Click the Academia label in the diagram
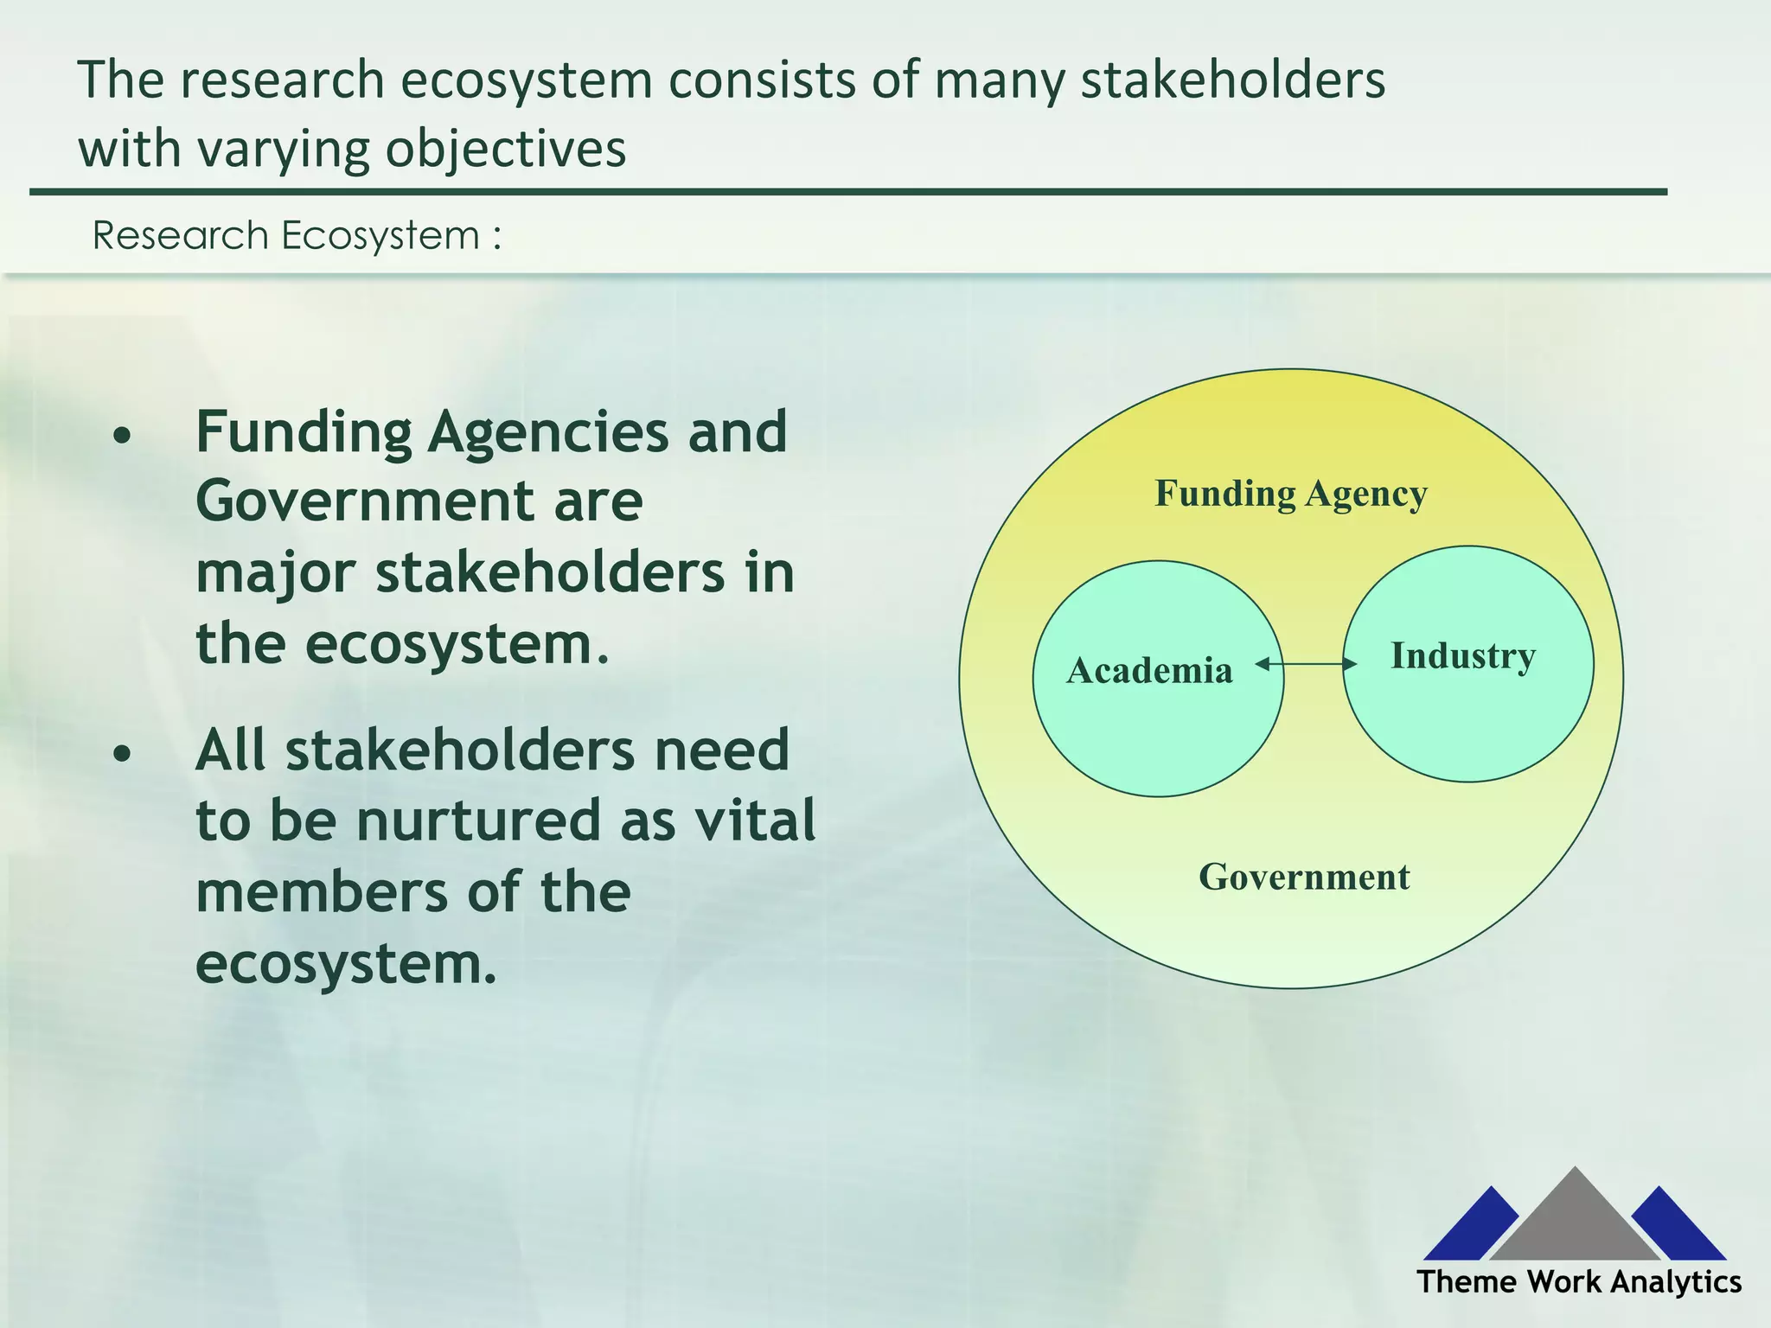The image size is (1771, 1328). tap(1149, 671)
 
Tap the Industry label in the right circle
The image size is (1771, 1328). tap(1463, 656)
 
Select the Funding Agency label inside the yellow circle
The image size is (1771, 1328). tap(1291, 494)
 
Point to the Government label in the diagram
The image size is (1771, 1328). tap(1304, 878)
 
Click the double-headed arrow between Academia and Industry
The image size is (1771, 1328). tap(1306, 664)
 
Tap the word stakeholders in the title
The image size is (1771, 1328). tap(1233, 80)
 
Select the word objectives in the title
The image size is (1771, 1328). tap(506, 150)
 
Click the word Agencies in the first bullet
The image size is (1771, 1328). tap(548, 431)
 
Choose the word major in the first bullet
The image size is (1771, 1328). tap(275, 574)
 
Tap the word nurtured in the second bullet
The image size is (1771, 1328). tap(478, 820)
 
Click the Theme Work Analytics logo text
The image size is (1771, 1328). tap(1579, 1281)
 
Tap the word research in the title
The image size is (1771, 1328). tap(282, 80)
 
